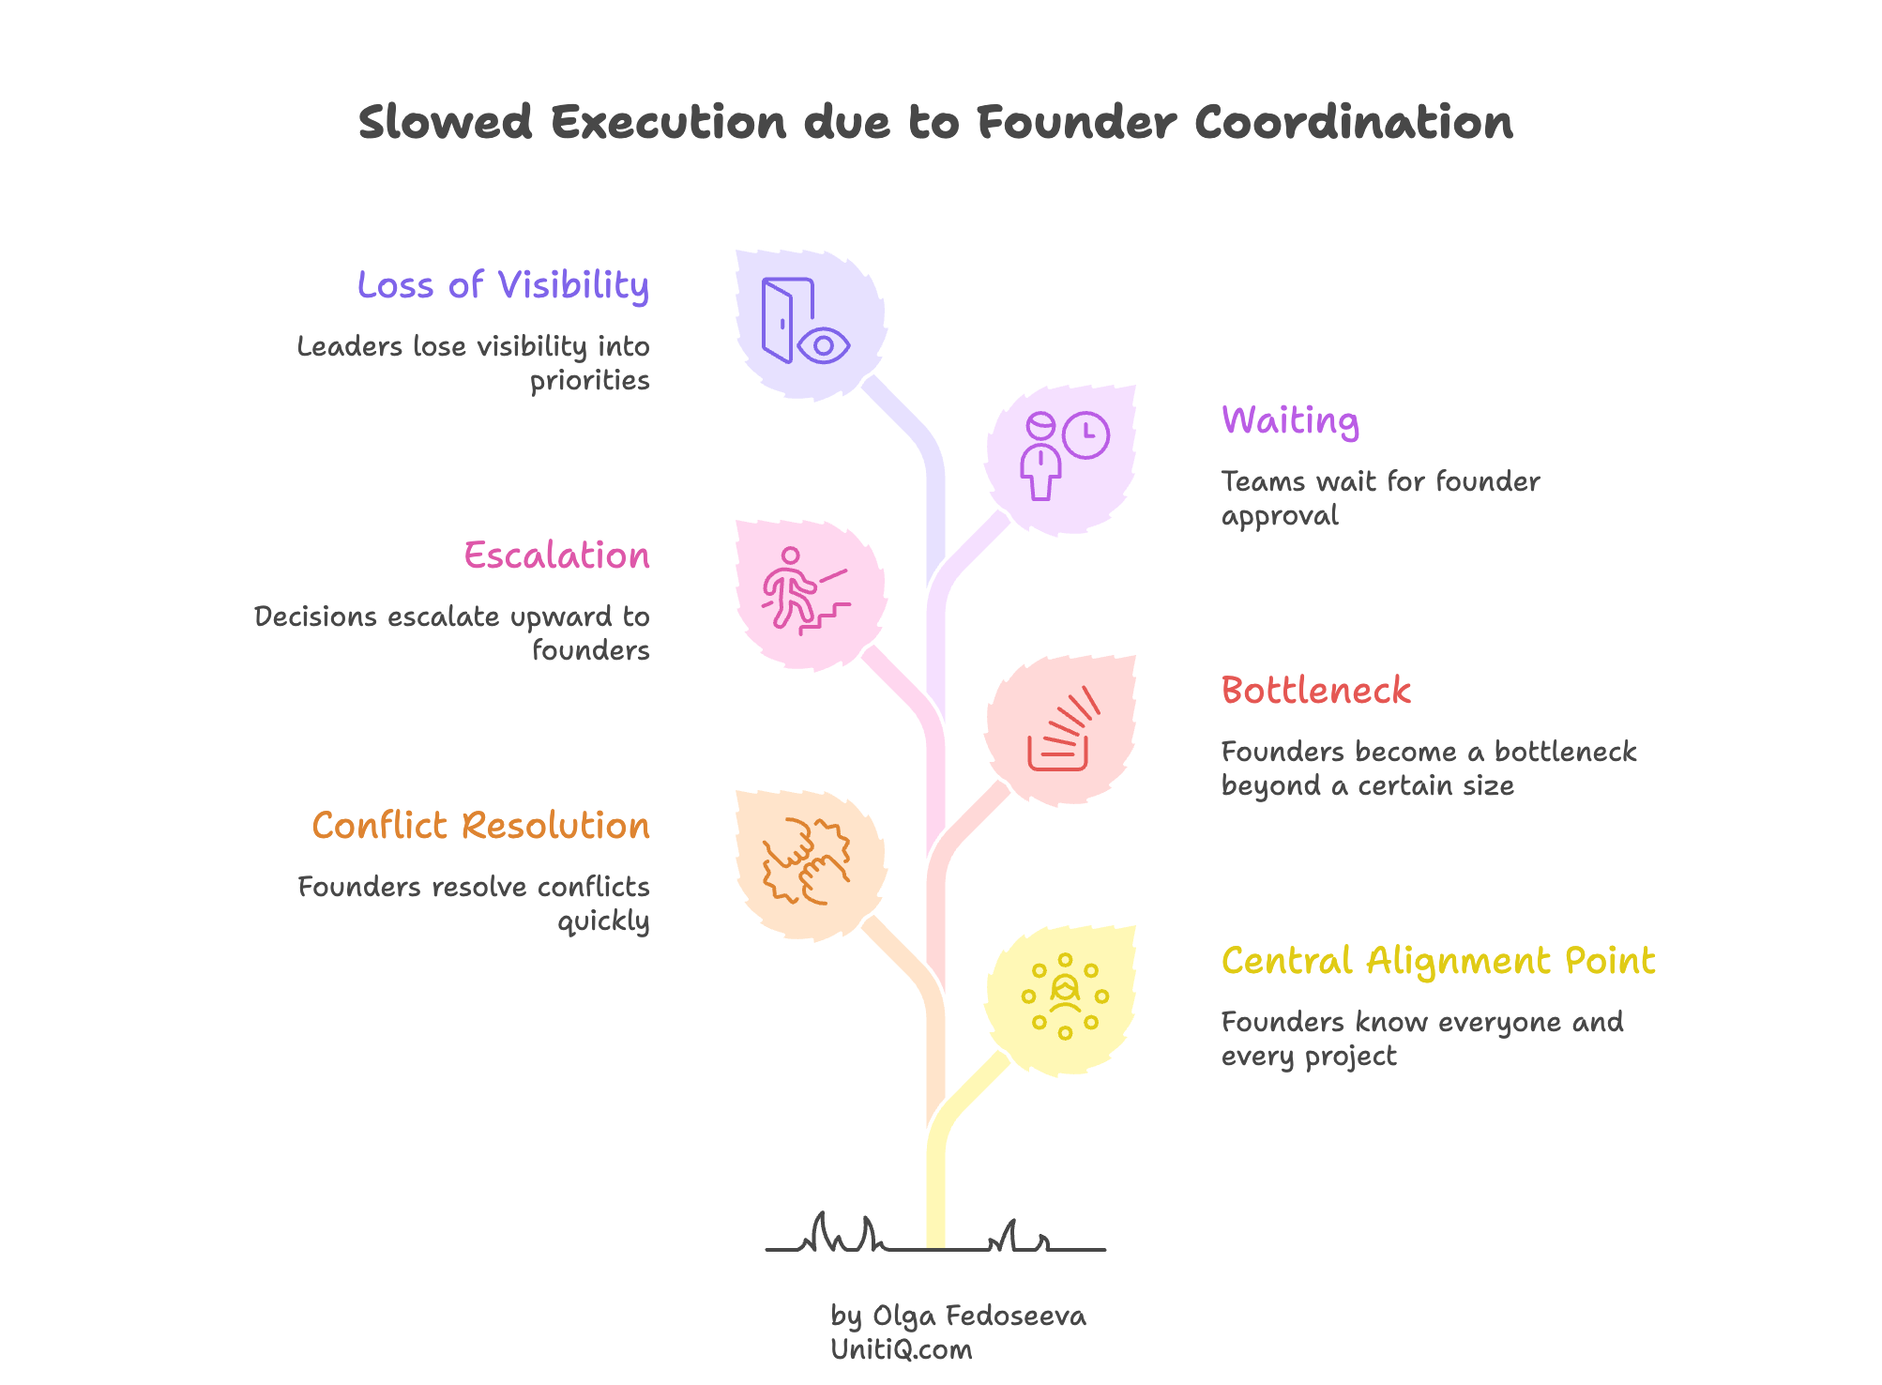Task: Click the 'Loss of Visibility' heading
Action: click(503, 285)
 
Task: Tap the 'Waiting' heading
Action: click(1290, 420)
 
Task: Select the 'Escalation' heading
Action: click(556, 556)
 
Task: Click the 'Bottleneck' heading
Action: click(1315, 691)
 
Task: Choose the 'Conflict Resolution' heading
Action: click(480, 826)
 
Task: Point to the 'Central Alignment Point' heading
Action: click(1437, 961)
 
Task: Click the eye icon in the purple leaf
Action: click(824, 345)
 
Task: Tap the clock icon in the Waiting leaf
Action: click(1086, 434)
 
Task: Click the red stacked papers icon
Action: click(1061, 732)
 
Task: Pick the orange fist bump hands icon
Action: click(806, 860)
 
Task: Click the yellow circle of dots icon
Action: click(1065, 996)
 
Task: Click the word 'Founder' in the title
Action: click(1075, 123)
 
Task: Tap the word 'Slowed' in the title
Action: click(446, 123)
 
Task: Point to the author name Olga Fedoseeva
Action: click(979, 1316)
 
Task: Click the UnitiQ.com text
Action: click(901, 1350)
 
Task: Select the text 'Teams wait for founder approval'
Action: click(1379, 498)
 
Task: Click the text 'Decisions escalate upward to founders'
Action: click(452, 632)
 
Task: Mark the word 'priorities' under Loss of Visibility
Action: click(589, 381)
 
